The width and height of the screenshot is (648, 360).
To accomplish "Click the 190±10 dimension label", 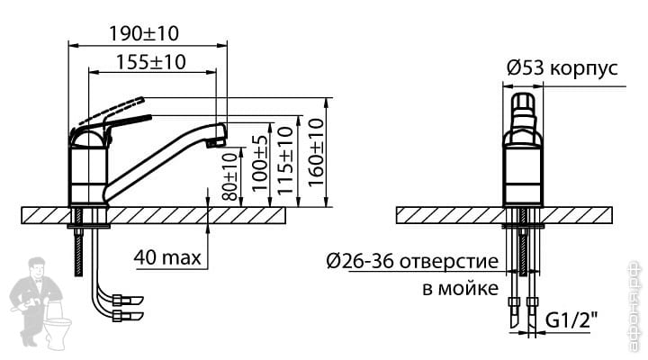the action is coord(144,33).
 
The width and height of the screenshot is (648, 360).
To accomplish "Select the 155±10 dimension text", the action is coord(151,62).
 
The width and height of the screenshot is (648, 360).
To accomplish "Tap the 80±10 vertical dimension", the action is coord(230,176).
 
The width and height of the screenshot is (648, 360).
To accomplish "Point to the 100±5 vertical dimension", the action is coord(259,164).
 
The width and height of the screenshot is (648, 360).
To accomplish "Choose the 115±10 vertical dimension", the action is coord(285,160).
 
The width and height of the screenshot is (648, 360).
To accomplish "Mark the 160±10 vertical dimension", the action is coord(316,152).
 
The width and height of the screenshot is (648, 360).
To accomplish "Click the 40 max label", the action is coord(167,257).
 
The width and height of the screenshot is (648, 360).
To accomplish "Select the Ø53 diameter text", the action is coord(526,68).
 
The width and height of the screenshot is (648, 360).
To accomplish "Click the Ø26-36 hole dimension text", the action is coord(359,261).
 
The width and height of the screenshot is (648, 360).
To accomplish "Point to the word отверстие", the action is coord(449,262).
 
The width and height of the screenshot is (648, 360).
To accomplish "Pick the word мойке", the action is coord(468,288).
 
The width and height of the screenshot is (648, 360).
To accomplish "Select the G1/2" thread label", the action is coord(571,319).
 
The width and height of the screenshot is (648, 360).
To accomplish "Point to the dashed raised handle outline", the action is coord(111,110).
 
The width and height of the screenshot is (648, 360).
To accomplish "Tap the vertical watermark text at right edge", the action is coord(635,305).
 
